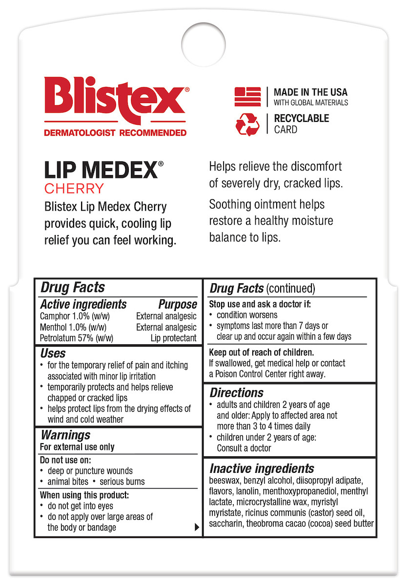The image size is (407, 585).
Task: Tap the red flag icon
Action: click(x=248, y=97)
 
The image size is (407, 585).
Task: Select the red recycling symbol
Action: click(x=248, y=124)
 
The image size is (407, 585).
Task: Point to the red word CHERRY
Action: click(x=74, y=188)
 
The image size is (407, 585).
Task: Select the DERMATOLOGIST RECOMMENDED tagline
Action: click(x=115, y=133)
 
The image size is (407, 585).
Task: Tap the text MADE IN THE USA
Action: click(x=310, y=92)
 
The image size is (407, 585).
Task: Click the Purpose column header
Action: click(x=178, y=305)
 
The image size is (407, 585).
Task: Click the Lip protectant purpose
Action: click(x=173, y=338)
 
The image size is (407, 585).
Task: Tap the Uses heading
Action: click(x=53, y=353)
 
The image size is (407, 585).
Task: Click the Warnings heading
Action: click(x=65, y=435)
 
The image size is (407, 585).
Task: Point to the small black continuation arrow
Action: click(x=197, y=527)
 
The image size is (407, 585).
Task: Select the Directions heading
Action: click(x=237, y=392)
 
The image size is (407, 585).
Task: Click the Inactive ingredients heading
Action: click(x=262, y=468)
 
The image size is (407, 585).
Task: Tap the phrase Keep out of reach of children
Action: click(x=261, y=352)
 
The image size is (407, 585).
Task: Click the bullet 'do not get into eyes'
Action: click(x=80, y=506)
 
